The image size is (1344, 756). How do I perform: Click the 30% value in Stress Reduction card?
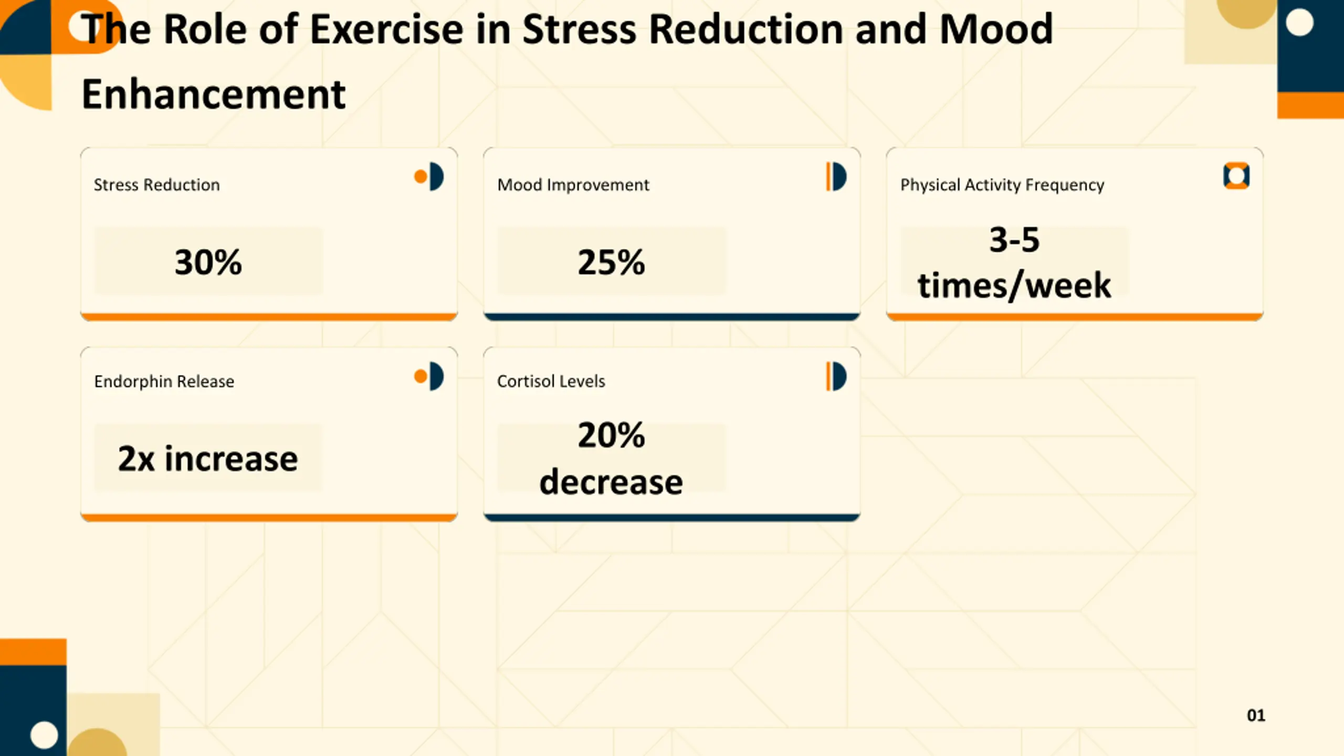[208, 262]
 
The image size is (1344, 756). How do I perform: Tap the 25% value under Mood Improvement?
[611, 262]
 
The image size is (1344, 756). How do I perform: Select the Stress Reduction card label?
[156, 185]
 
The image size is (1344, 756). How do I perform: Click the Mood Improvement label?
[573, 185]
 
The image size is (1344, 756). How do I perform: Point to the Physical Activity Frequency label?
[1002, 185]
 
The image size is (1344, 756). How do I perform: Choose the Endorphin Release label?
[164, 381]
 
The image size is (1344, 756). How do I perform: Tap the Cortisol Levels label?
[551, 381]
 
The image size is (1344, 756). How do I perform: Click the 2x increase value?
[208, 458]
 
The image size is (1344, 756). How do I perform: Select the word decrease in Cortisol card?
[611, 482]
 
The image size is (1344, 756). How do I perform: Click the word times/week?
[1014, 286]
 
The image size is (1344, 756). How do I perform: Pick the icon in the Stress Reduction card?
[429, 176]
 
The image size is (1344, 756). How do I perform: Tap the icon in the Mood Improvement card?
[836, 176]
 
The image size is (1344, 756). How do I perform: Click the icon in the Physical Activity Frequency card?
[1236, 175]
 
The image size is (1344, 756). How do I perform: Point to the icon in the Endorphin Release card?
[429, 376]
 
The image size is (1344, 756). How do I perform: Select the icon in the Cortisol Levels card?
[836, 376]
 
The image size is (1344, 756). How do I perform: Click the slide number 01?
[1256, 715]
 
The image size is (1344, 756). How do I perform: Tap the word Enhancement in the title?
[214, 94]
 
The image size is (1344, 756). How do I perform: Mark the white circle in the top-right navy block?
[1299, 23]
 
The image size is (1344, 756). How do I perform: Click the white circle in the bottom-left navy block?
[44, 734]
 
